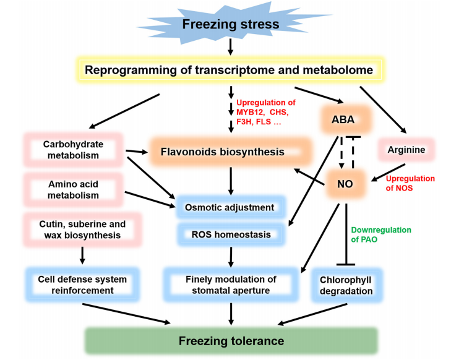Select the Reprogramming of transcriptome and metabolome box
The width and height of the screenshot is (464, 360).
[230, 70]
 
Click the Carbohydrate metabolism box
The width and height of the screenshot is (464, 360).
[73, 150]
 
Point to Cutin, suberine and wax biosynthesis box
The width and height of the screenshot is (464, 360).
[82, 229]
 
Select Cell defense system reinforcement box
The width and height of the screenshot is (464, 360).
[82, 285]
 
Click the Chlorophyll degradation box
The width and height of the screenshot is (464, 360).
[346, 285]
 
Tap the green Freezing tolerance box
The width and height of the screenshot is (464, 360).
[231, 341]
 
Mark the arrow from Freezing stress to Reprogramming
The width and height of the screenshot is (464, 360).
[230, 46]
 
